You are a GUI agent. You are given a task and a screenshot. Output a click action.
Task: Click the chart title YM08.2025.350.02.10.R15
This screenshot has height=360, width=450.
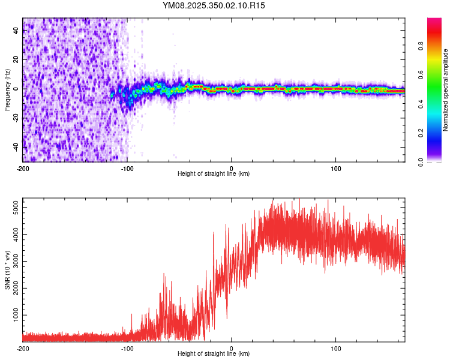click(214, 5)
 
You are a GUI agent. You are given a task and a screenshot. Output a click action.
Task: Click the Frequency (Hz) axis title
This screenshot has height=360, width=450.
click(7, 90)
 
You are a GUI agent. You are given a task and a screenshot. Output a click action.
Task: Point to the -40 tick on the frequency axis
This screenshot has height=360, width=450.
click(16, 146)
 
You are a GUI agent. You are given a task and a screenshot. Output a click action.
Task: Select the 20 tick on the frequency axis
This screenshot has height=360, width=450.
click(16, 60)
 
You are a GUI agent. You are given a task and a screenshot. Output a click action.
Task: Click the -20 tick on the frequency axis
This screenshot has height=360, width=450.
click(16, 118)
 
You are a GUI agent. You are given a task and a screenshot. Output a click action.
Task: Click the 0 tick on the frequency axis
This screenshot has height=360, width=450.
click(16, 89)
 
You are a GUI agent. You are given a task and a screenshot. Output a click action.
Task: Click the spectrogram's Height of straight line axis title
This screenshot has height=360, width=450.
click(214, 174)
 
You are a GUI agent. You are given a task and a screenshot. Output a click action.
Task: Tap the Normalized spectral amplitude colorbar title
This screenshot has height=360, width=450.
click(445, 90)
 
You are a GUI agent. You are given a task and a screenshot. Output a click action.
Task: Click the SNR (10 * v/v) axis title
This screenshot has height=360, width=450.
click(7, 270)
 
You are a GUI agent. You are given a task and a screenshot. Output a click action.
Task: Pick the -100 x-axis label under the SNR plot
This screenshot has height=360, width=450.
click(127, 348)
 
